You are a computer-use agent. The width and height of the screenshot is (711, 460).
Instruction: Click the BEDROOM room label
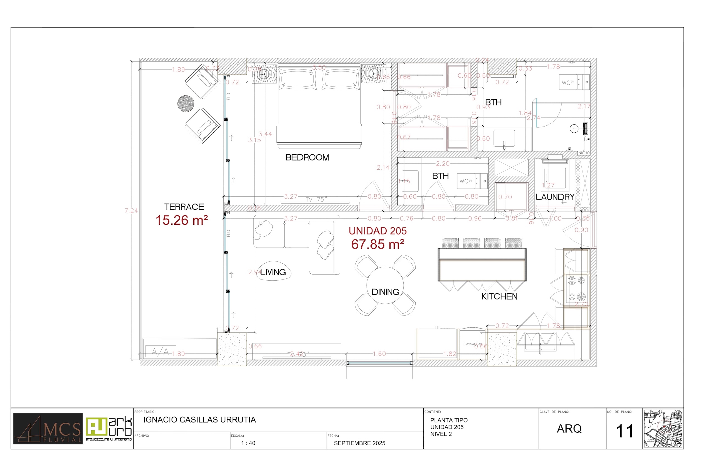tap(307, 157)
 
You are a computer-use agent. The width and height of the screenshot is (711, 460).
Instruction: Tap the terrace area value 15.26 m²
tap(182, 221)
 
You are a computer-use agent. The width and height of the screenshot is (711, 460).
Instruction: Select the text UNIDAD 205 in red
tap(377, 231)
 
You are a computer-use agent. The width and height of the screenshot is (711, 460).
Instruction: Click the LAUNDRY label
tap(555, 197)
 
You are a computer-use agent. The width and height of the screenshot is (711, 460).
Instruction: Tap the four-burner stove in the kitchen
tap(576, 289)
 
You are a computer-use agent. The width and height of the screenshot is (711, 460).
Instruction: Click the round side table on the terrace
tap(186, 104)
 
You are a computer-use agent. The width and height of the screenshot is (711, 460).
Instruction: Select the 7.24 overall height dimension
tap(131, 211)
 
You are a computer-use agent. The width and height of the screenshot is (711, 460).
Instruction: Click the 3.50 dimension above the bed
tap(319, 67)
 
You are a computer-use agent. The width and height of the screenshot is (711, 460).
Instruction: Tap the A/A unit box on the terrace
tap(161, 351)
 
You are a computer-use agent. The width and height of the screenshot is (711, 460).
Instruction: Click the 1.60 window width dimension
tap(379, 354)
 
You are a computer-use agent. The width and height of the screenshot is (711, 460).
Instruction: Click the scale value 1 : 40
tap(248, 443)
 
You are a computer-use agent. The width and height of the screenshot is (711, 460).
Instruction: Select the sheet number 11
tap(624, 431)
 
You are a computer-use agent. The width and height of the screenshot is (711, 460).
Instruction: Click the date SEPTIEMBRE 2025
tap(359, 443)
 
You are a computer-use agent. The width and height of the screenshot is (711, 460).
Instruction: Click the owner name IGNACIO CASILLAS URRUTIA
tap(199, 420)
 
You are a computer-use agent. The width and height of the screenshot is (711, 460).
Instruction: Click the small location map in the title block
tap(663, 429)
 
